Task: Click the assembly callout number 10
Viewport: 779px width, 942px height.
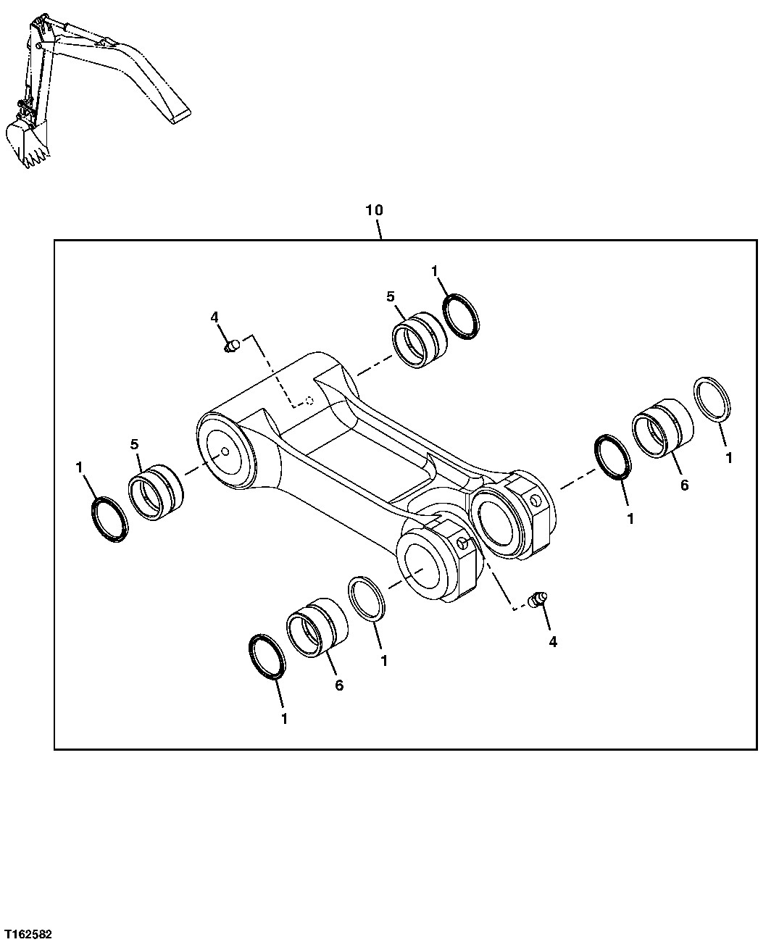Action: click(x=374, y=210)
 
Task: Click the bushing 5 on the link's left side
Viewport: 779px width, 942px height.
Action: click(x=157, y=494)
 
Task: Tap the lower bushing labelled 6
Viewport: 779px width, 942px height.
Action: click(x=317, y=628)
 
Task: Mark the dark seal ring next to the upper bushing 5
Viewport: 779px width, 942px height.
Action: click(x=462, y=315)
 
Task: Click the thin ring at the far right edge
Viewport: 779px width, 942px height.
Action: click(x=714, y=399)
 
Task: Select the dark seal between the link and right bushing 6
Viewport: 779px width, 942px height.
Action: click(x=613, y=457)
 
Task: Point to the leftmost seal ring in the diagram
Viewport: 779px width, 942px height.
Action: click(x=110, y=519)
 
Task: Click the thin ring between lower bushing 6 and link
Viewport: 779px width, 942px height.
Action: click(x=368, y=599)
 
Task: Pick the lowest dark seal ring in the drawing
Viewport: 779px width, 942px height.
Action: click(x=266, y=657)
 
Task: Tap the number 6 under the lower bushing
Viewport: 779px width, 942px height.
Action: click(x=339, y=685)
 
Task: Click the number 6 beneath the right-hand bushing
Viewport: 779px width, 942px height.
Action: click(x=684, y=485)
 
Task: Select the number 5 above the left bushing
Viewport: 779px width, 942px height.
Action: click(x=135, y=444)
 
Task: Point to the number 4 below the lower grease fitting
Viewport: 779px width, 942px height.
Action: click(x=553, y=641)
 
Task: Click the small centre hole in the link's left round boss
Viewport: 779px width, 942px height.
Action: click(x=225, y=452)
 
